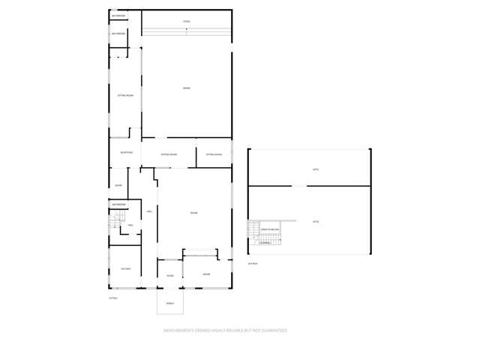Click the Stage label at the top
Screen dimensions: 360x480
[186, 22]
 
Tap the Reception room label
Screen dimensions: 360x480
[126, 153]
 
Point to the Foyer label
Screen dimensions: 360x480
[170, 275]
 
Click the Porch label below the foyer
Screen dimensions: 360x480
[170, 303]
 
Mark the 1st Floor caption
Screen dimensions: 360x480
[113, 298]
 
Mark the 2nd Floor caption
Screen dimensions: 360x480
[253, 263]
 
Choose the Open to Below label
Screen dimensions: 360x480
[270, 229]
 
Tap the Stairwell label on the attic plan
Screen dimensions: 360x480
[266, 242]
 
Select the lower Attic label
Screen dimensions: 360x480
[316, 222]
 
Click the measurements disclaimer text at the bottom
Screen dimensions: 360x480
[225, 330]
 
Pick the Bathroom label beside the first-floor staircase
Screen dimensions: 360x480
[119, 204]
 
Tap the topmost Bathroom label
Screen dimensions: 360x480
[118, 16]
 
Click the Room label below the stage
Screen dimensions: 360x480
[186, 88]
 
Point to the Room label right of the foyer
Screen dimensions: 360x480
[206, 274]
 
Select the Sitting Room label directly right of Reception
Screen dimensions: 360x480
[169, 154]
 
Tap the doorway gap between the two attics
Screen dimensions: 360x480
[299, 186]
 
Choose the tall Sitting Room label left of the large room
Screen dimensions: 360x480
[125, 96]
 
